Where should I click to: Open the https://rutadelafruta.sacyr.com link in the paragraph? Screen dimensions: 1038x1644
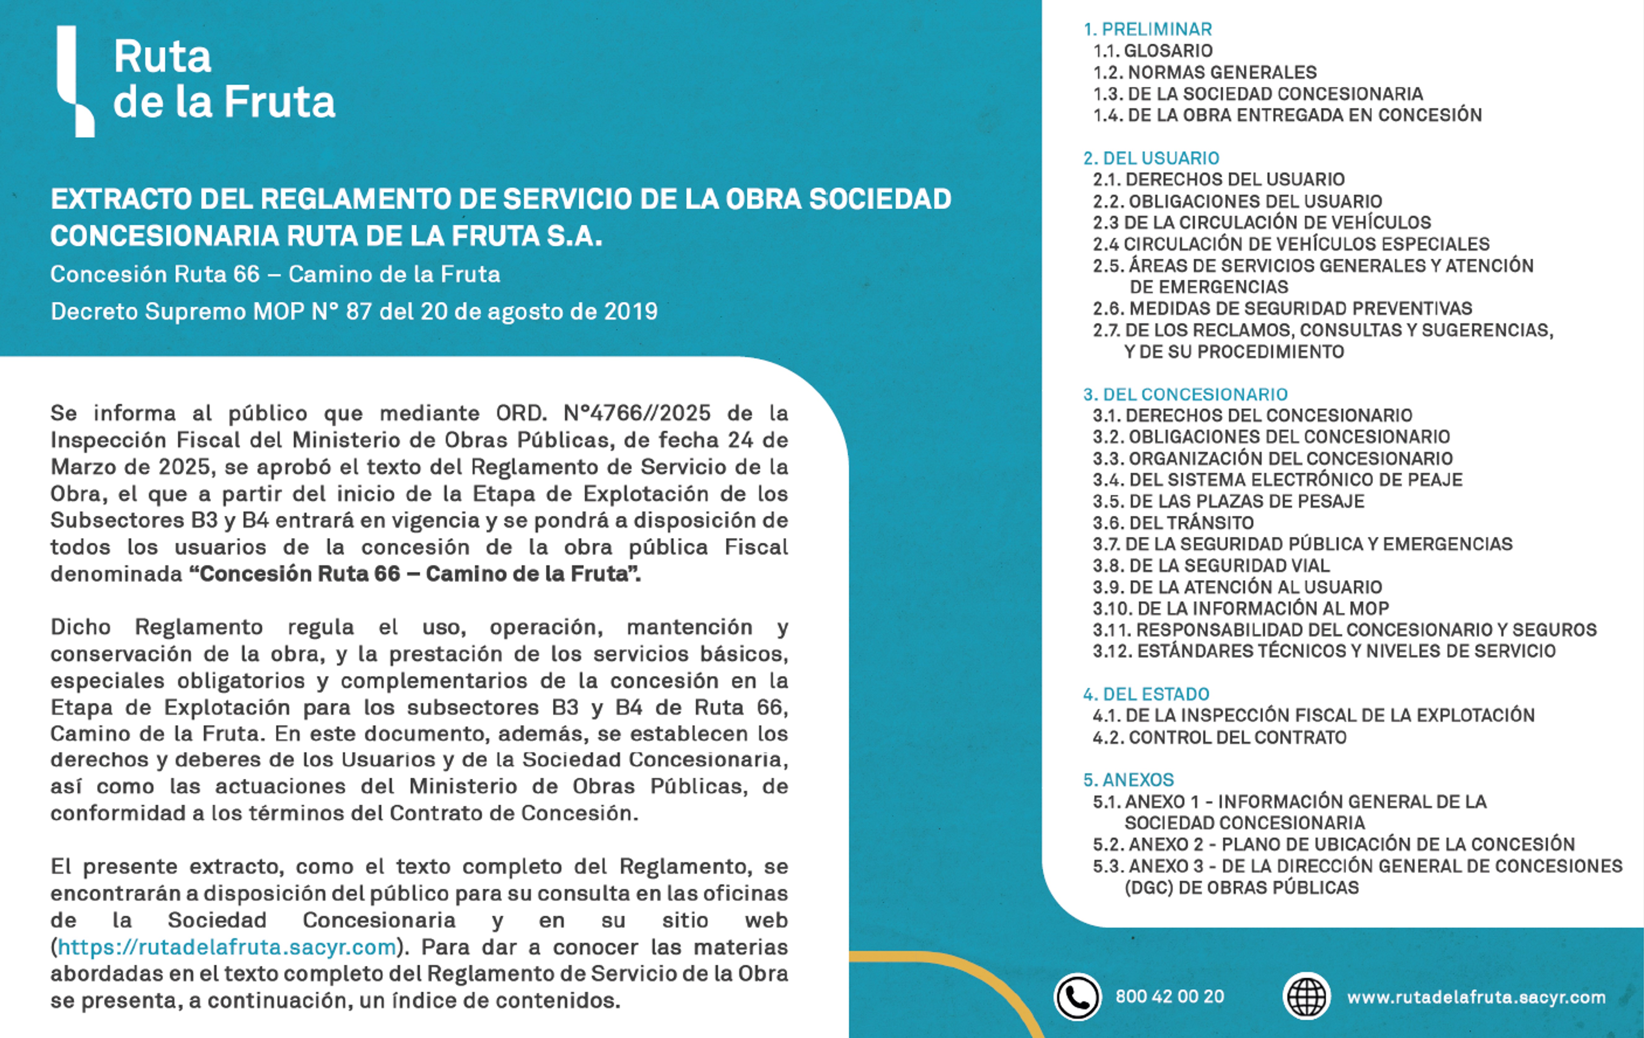(x=227, y=947)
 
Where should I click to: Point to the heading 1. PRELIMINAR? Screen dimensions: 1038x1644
(x=1148, y=29)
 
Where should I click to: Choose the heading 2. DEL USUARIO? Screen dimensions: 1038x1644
(x=1151, y=158)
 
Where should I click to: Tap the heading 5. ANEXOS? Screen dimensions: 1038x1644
(x=1129, y=780)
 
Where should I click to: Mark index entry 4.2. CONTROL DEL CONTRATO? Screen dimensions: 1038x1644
(x=1219, y=738)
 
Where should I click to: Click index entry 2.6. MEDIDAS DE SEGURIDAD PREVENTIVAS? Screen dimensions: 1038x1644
(x=1282, y=309)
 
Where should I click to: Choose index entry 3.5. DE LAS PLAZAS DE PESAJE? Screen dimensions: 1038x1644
(x=1228, y=501)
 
